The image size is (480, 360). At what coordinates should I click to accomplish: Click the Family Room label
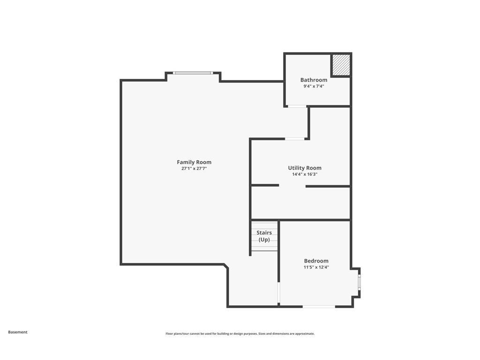tap(194, 162)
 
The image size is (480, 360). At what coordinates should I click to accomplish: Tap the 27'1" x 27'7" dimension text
tap(194, 168)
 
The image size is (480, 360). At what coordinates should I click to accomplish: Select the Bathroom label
tap(314, 80)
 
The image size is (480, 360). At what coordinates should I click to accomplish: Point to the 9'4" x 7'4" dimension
tap(314, 86)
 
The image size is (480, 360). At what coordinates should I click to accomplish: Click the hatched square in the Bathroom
tap(341, 65)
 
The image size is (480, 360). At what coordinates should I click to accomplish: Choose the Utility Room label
tap(305, 168)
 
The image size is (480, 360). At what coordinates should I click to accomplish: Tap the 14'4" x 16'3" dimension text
tap(305, 174)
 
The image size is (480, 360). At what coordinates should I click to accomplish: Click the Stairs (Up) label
tap(264, 236)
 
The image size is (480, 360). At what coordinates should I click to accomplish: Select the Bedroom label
tap(316, 261)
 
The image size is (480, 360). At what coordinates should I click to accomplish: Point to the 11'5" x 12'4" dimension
tap(316, 267)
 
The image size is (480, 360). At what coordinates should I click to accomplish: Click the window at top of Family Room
tap(193, 73)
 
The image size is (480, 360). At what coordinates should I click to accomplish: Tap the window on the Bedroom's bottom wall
tap(319, 307)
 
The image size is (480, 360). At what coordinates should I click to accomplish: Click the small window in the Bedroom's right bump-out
tap(360, 283)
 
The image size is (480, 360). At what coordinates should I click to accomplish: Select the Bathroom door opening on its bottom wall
tap(297, 106)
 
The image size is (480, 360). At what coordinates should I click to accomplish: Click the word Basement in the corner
tap(18, 332)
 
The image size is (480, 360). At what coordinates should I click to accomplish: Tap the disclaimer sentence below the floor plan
tap(240, 334)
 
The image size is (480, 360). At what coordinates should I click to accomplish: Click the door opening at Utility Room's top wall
tap(295, 139)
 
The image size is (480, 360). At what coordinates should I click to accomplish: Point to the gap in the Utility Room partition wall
tap(292, 186)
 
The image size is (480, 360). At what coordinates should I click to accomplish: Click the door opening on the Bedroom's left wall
tap(278, 292)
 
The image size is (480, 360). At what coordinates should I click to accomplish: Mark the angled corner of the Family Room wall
tap(226, 266)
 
